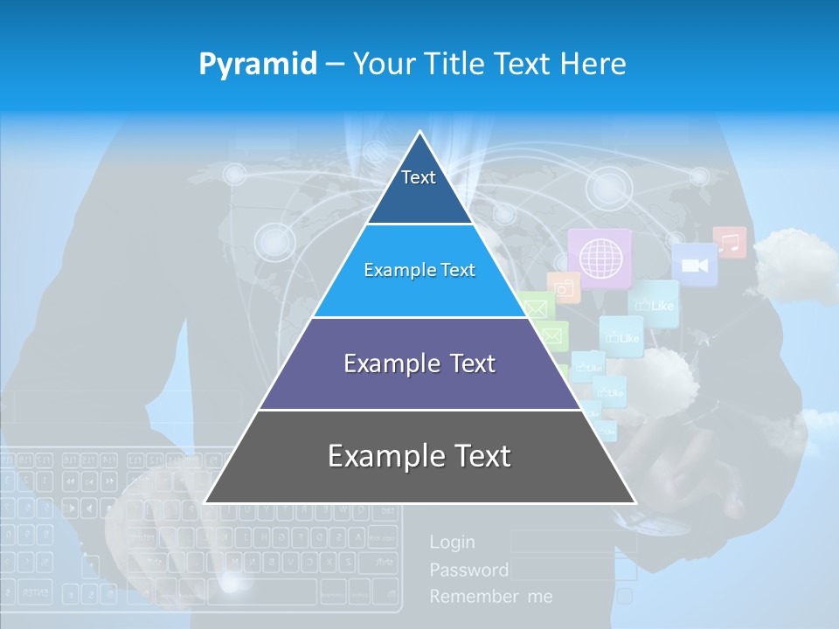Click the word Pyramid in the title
pos(258,64)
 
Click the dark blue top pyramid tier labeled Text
pos(419,188)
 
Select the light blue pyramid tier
pos(419,271)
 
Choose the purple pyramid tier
pos(419,364)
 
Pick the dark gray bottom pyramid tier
pos(419,457)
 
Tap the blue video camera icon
pos(695,265)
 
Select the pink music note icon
pos(730,242)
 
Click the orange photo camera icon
pos(565,287)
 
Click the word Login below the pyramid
pos(452,543)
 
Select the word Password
pos(468,570)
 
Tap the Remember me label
pos(490,597)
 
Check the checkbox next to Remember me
pos(625,597)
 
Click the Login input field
pos(572,543)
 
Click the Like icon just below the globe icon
pos(654,304)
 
